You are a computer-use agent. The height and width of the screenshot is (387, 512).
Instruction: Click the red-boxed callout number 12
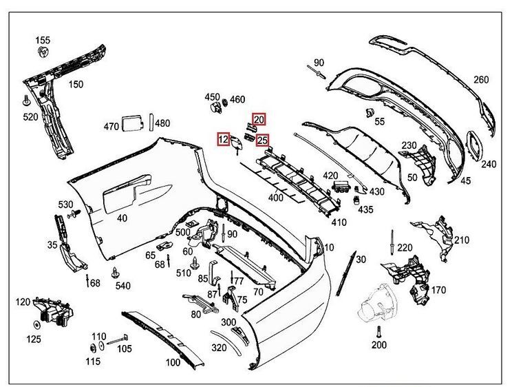(223, 139)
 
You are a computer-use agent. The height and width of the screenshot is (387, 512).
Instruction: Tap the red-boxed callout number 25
(262, 140)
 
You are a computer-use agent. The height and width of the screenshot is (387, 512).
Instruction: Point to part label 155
(43, 39)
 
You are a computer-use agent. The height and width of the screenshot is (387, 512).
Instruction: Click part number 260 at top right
(480, 80)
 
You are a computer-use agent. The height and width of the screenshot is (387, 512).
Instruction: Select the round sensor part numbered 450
(215, 108)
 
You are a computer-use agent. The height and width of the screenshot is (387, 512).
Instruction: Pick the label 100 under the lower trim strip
(173, 362)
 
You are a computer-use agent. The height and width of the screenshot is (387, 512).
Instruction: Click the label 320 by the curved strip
(219, 347)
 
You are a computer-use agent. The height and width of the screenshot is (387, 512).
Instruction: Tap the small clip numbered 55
(367, 112)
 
